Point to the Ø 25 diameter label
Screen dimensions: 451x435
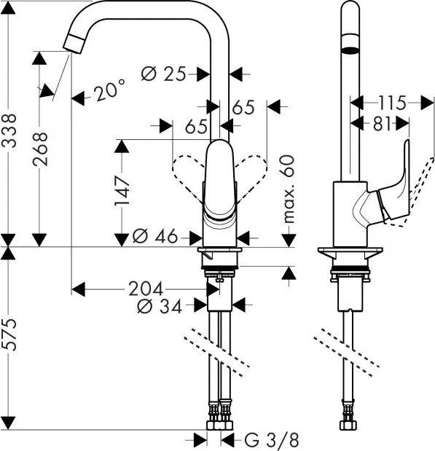click(164, 73)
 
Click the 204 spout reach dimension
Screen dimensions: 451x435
click(146, 288)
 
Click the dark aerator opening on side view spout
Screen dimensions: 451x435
click(350, 51)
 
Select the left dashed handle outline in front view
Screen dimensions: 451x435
click(186, 173)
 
